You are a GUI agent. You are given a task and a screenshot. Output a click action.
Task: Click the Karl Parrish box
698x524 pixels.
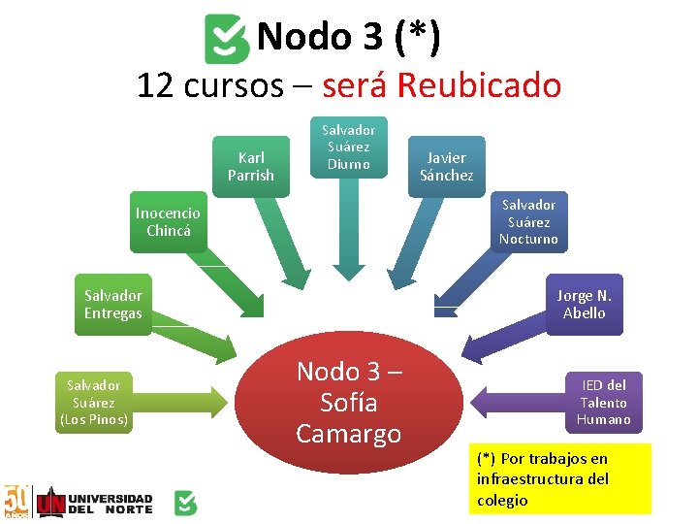click(251, 166)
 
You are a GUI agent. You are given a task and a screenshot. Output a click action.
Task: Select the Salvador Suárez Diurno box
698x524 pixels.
click(348, 147)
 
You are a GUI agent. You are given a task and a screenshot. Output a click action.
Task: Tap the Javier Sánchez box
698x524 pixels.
click(446, 166)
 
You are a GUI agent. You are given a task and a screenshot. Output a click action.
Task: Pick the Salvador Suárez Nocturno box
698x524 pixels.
click(528, 222)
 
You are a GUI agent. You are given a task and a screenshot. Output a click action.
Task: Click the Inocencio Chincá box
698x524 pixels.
click(169, 222)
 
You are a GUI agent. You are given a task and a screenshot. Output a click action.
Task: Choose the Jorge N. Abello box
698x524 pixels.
click(584, 304)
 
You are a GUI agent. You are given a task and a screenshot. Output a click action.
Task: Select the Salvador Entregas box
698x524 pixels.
click(112, 304)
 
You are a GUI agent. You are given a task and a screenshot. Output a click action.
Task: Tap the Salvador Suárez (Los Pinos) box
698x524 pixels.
click(93, 402)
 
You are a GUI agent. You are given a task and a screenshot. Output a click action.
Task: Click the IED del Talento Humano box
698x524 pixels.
click(603, 402)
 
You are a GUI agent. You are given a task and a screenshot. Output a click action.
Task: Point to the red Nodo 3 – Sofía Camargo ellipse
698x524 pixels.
click(349, 402)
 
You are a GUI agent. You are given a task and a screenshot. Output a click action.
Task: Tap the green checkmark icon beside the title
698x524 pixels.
click(227, 39)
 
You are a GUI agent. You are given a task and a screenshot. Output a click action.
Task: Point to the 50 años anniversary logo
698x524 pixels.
click(16, 500)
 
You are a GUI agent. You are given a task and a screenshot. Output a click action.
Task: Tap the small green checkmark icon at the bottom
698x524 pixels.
click(185, 503)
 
